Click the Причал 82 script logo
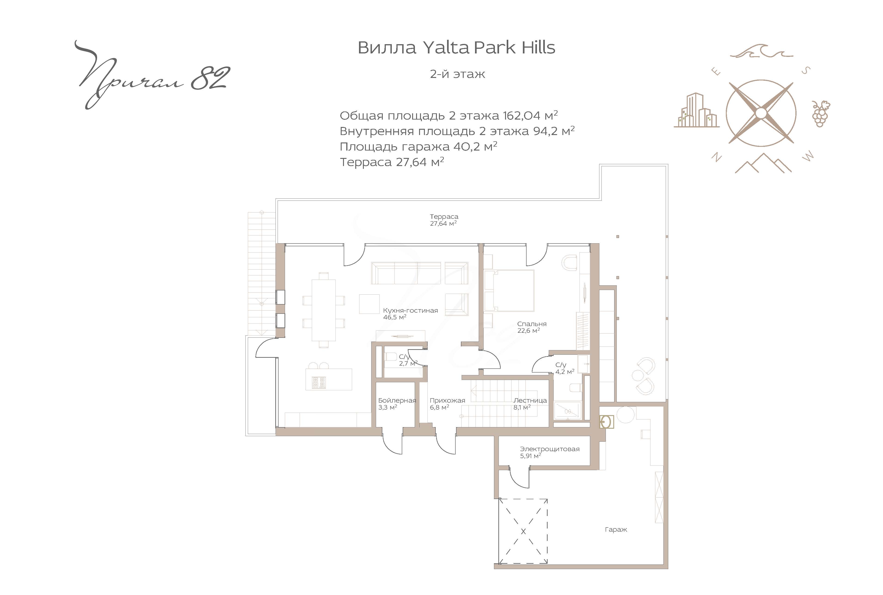point(152,75)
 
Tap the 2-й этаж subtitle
point(457,74)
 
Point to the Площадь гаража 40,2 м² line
point(418,146)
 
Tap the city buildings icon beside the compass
point(696,110)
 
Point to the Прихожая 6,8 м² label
point(447,404)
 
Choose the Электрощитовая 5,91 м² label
point(550,452)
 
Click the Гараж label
point(616,529)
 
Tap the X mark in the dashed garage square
point(523,532)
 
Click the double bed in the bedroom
point(509,290)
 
